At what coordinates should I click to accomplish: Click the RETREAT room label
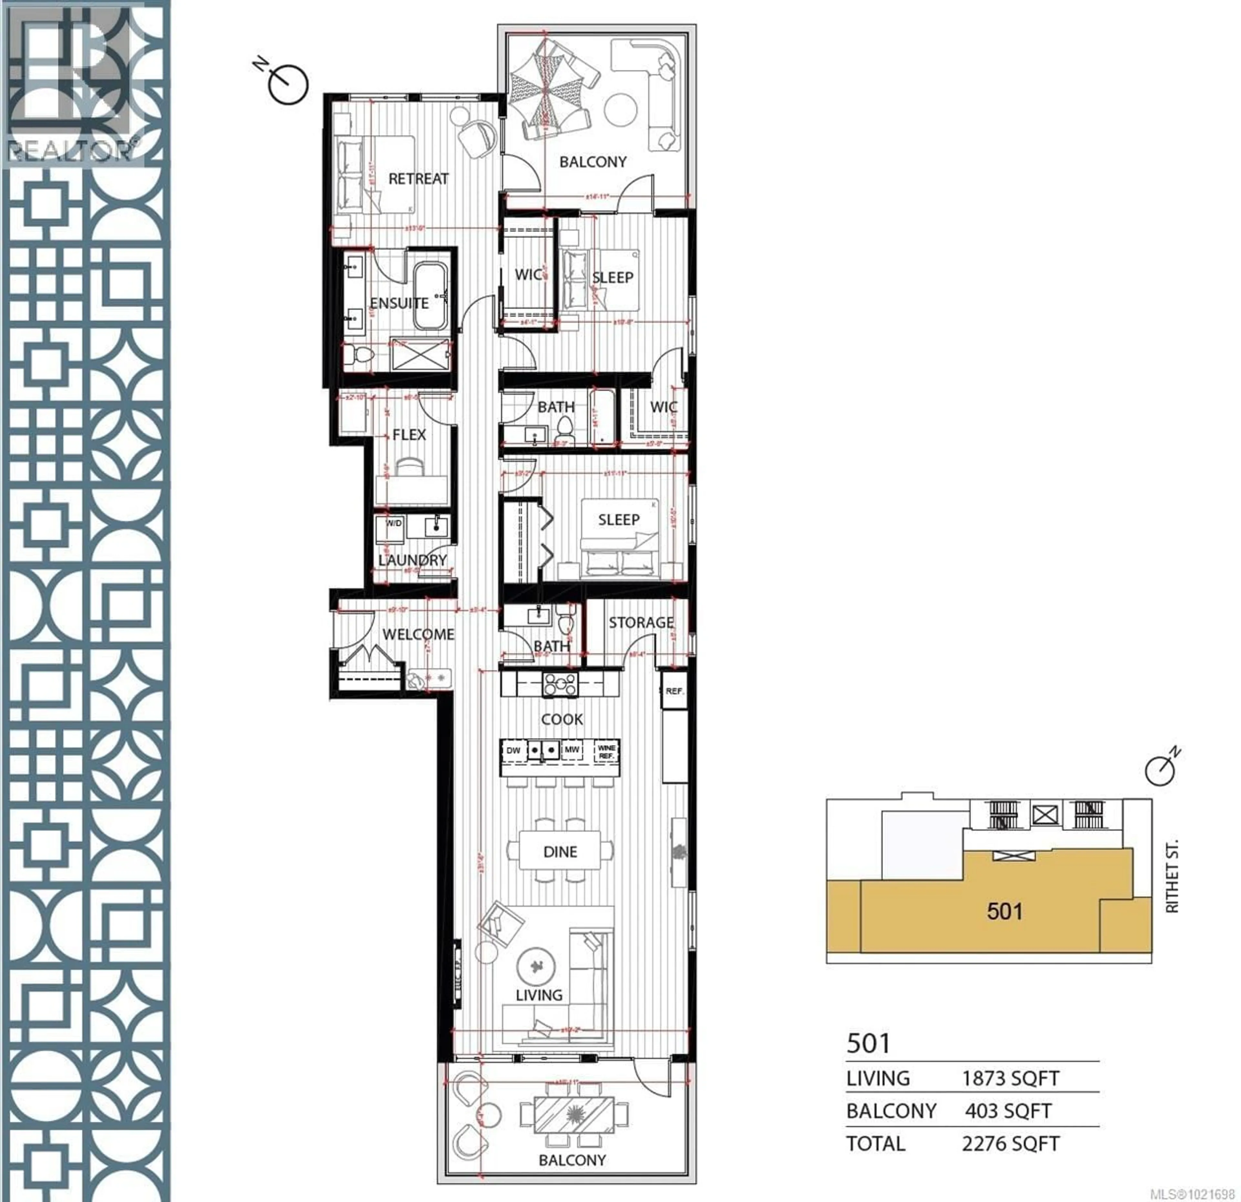click(x=418, y=179)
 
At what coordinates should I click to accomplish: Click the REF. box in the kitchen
click(x=674, y=691)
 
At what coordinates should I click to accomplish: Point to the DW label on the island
click(x=513, y=750)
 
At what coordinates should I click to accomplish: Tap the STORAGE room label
click(x=641, y=622)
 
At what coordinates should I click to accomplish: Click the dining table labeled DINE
click(x=560, y=852)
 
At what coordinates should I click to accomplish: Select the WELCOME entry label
click(x=418, y=634)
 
